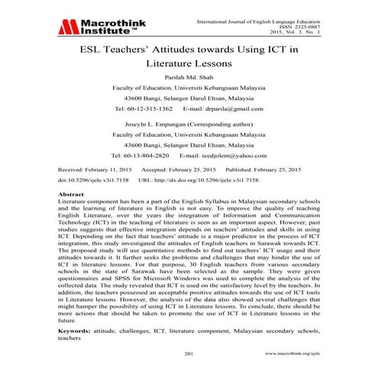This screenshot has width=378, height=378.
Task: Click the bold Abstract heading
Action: [72, 217]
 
